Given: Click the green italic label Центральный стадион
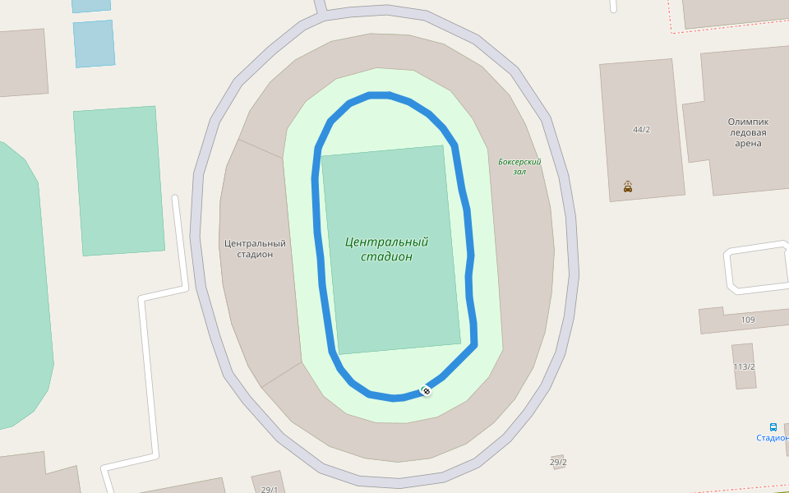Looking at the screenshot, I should tap(387, 250).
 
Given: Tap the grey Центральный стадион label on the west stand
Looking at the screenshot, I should tap(255, 248).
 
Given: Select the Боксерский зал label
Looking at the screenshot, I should tap(519, 167).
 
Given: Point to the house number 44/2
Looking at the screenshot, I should tap(641, 130).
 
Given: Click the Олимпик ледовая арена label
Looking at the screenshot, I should tap(748, 132).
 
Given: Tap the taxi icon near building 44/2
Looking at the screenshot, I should tap(628, 187).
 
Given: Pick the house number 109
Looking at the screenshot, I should tap(748, 320).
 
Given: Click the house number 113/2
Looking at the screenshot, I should tap(745, 366).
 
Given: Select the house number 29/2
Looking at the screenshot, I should tap(558, 463).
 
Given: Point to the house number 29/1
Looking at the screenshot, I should tap(270, 490).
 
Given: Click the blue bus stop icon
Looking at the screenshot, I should tap(773, 426).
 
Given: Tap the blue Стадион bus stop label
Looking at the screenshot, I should tap(773, 438).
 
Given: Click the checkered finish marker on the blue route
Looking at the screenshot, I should tap(427, 390).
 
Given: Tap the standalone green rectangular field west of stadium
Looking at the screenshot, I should tap(119, 181).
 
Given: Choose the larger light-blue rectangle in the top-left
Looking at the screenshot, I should tap(94, 44).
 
